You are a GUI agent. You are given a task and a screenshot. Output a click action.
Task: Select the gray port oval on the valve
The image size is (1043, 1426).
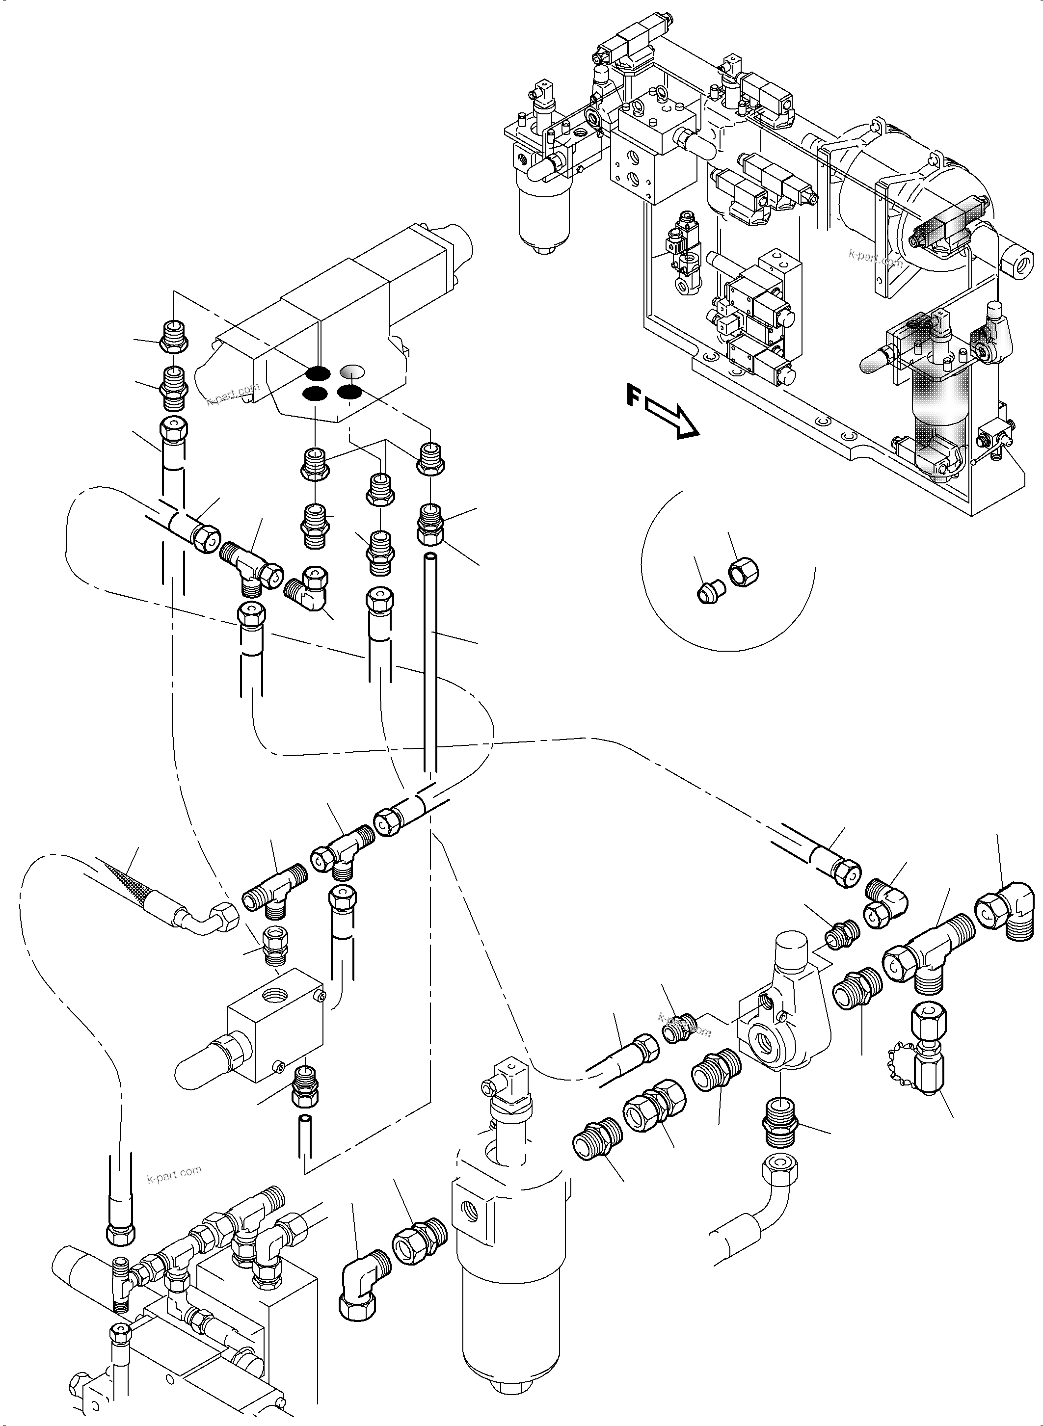coord(352,370)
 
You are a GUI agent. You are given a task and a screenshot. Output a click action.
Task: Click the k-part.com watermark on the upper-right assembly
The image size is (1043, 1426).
coord(875,258)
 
